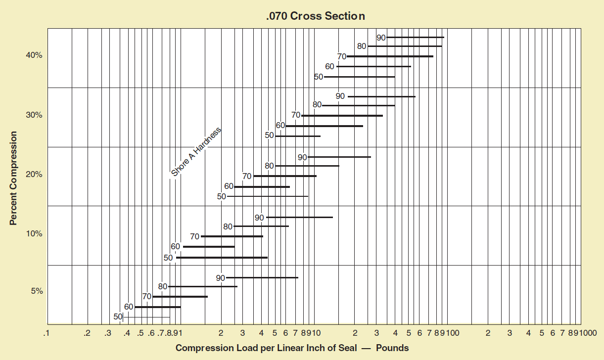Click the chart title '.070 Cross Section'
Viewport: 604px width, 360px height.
[316, 16]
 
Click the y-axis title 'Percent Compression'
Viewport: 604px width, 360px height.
[14, 178]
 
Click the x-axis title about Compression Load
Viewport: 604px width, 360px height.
[292, 348]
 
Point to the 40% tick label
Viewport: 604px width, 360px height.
[34, 56]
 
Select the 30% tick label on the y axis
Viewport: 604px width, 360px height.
[34, 115]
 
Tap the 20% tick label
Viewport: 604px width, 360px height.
[34, 175]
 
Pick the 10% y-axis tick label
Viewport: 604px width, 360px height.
[34, 234]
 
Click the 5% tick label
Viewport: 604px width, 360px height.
[37, 291]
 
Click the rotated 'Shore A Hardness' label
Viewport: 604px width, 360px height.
[196, 152]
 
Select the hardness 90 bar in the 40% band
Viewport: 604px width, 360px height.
[415, 38]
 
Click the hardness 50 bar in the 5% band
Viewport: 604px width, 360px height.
[146, 317]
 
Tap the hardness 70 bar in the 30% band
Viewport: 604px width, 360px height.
[342, 116]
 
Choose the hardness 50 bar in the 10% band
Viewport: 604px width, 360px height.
[222, 258]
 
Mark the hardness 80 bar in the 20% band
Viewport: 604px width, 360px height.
[307, 166]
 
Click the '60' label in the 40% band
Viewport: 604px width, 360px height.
[329, 66]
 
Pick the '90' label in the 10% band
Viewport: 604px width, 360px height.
[260, 218]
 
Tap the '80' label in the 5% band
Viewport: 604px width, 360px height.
[163, 286]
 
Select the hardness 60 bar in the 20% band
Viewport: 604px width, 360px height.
[262, 187]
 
